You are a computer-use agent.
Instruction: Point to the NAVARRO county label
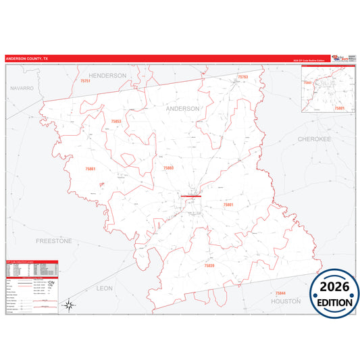pyautogui.click(x=22, y=88)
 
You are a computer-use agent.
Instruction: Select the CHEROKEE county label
pyautogui.click(x=314, y=138)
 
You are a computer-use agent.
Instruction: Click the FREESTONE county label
pyautogui.click(x=54, y=240)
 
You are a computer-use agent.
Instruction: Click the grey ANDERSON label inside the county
pyautogui.click(x=183, y=108)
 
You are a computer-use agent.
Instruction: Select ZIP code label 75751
pyautogui.click(x=84, y=81)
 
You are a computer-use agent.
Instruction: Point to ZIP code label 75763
pyautogui.click(x=243, y=78)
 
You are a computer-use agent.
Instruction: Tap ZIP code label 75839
pyautogui.click(x=209, y=266)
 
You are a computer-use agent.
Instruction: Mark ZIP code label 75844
pyautogui.click(x=280, y=292)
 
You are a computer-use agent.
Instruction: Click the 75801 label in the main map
pyautogui.click(x=228, y=204)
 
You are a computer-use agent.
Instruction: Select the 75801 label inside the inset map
pyautogui.click(x=339, y=107)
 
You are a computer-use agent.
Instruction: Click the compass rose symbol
pyautogui.click(x=68, y=305)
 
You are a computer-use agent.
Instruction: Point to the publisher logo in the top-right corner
pyautogui.click(x=342, y=59)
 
